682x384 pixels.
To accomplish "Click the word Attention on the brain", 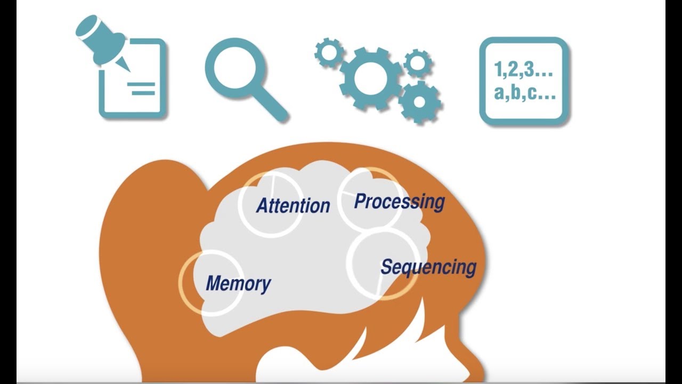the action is click(x=293, y=205).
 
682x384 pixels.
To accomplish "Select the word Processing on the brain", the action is click(x=399, y=202).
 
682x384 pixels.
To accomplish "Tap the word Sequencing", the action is click(x=428, y=267).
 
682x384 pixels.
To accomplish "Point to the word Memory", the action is click(x=238, y=283).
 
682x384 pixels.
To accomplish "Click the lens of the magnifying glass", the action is click(x=234, y=67).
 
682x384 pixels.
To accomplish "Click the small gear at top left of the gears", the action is click(x=329, y=52).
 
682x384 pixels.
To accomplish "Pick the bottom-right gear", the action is click(x=419, y=102).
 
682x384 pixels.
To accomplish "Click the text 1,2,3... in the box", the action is click(x=523, y=69).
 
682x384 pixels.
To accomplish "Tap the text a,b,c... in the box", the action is click(x=525, y=92).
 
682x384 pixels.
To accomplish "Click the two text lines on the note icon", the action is click(x=141, y=88).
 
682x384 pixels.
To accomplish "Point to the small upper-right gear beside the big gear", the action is click(x=418, y=63).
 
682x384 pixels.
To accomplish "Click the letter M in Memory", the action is click(x=214, y=283).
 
